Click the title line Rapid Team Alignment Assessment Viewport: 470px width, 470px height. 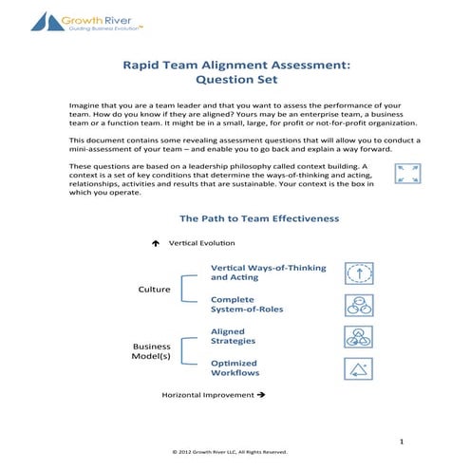(235, 66)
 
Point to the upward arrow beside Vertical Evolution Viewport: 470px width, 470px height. (155, 243)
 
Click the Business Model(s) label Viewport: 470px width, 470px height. (151, 352)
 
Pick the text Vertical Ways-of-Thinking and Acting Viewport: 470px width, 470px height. (267, 273)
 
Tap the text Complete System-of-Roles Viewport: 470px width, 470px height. (247, 304)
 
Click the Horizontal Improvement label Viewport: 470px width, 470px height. (213, 393)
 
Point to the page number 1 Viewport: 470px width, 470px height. (404, 441)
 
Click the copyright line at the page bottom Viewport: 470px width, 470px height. (235, 453)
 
